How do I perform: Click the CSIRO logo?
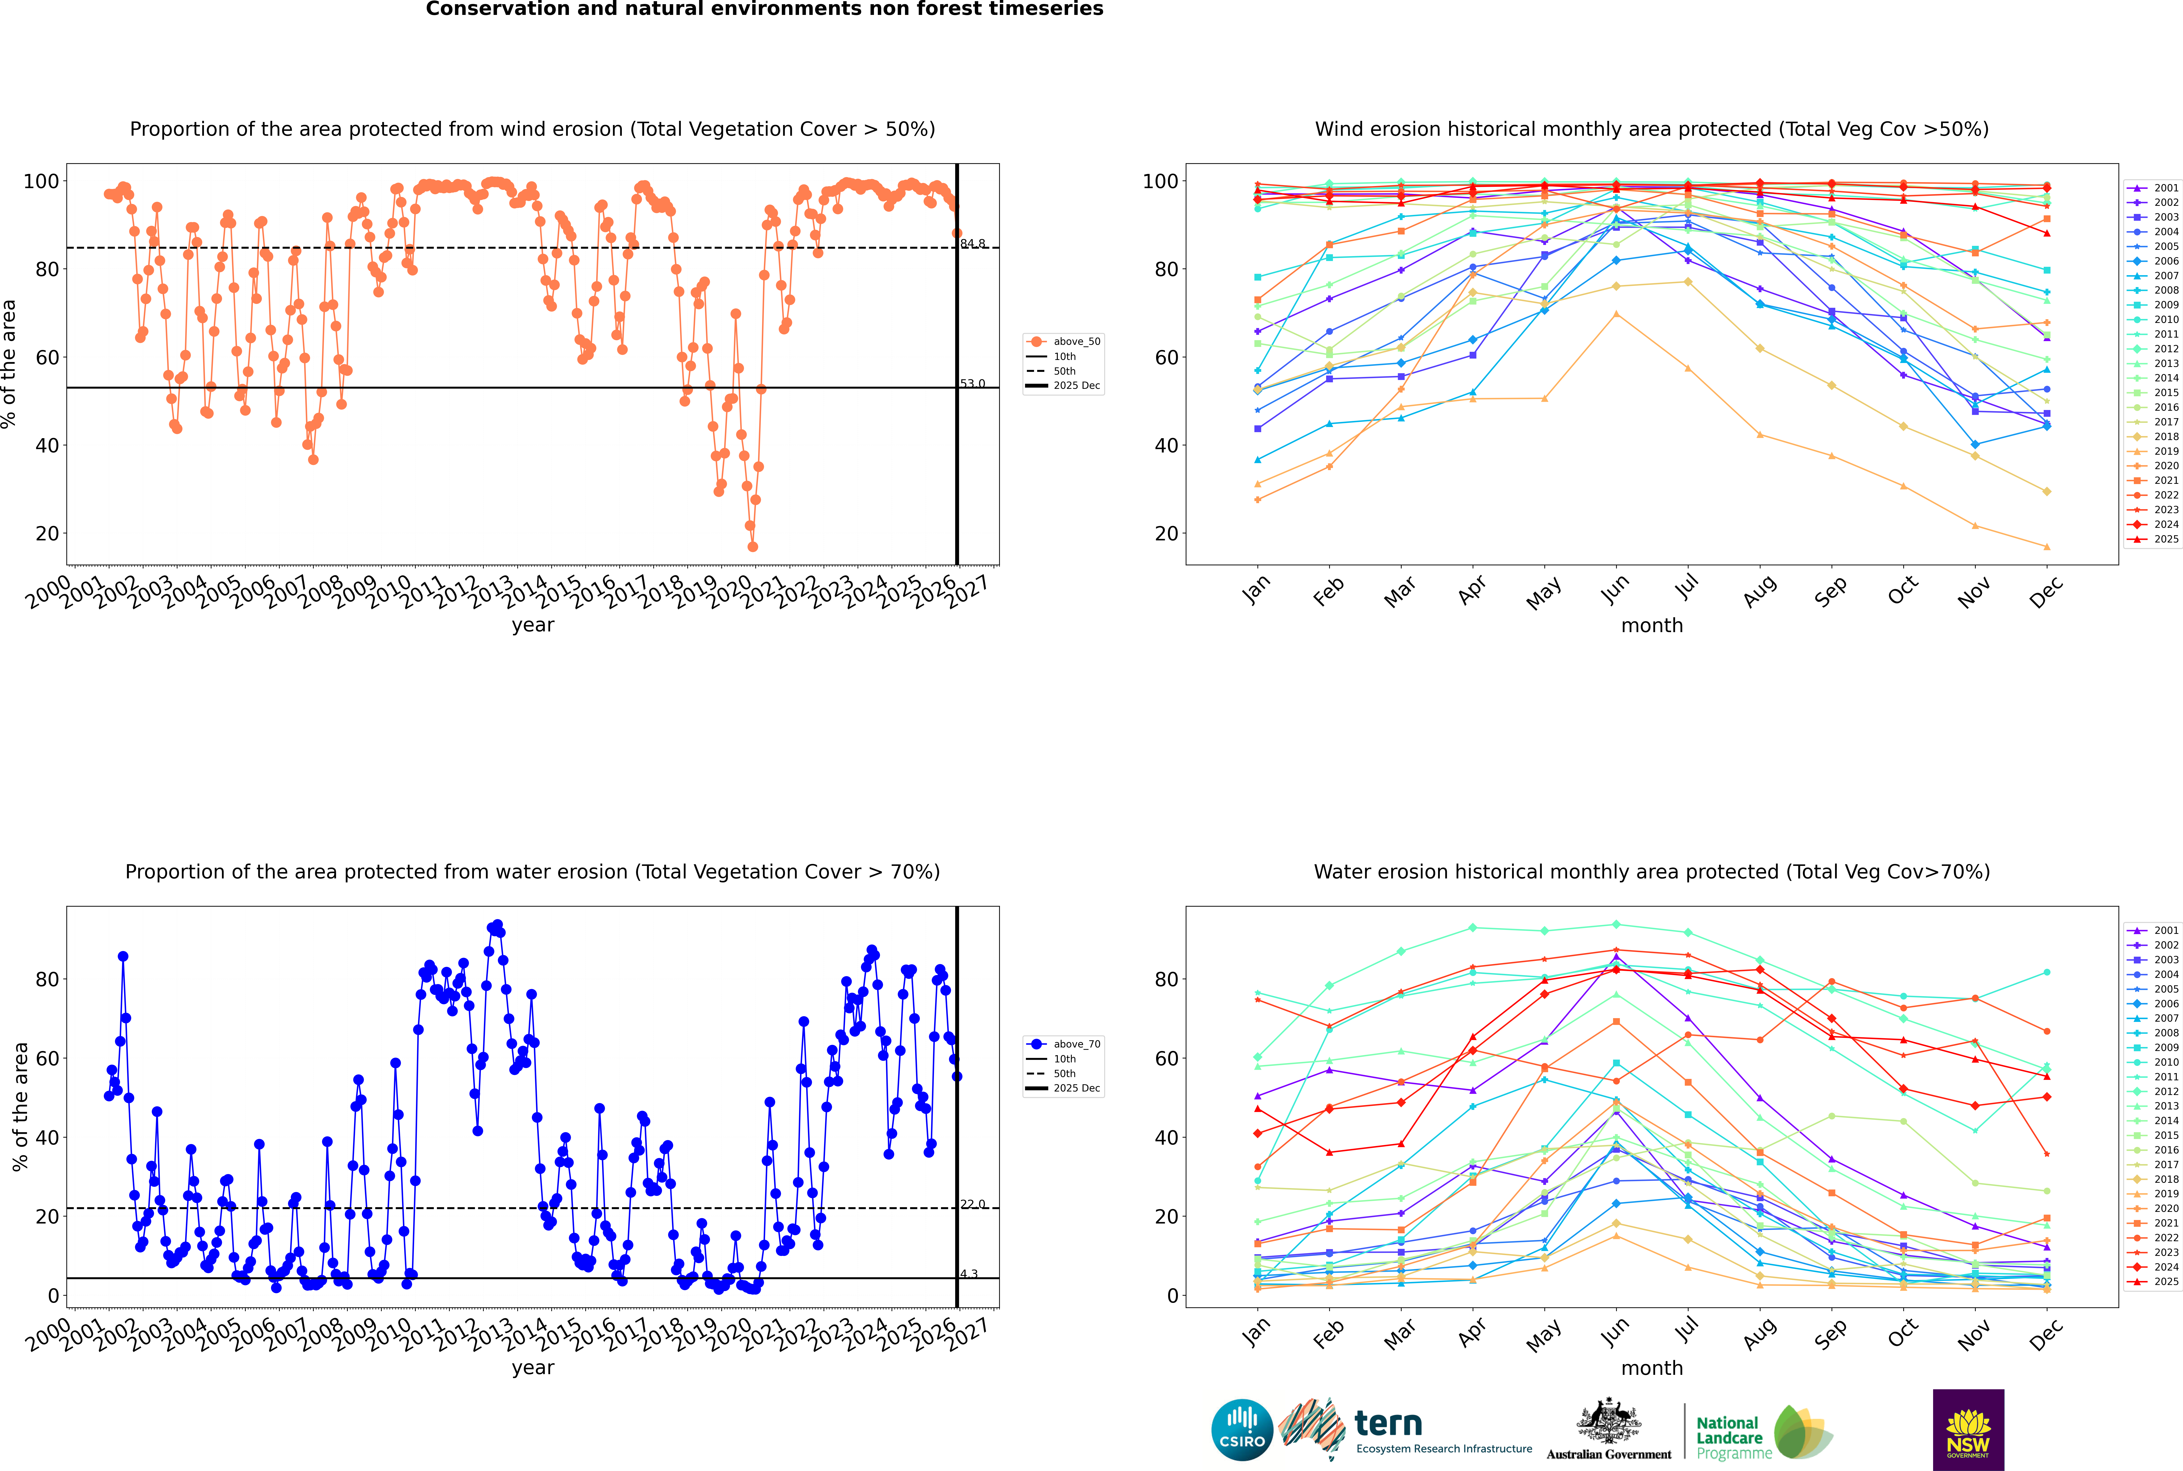coord(1242,1430)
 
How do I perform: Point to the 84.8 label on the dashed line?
coord(972,244)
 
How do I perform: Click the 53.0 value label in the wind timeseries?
coord(972,384)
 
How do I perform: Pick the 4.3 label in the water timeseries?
coord(969,1274)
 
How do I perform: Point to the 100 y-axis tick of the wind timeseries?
coord(40,181)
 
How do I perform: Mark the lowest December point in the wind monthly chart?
coord(2047,547)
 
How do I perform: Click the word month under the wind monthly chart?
coord(1652,626)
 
